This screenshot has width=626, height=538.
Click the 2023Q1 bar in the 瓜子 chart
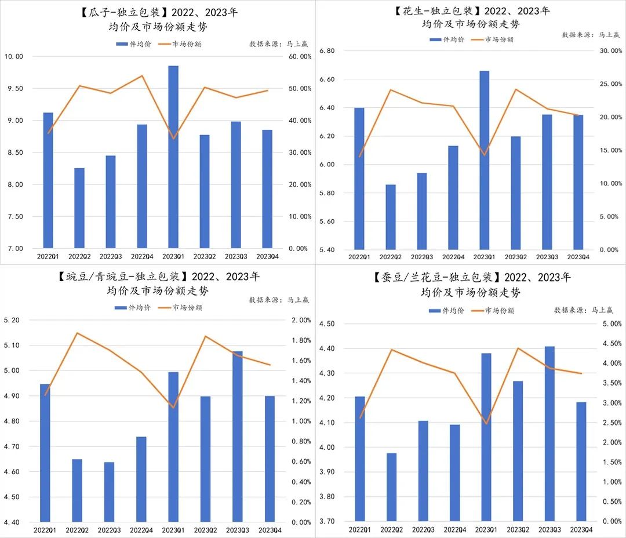point(173,157)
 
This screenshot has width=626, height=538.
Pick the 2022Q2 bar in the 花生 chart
point(390,217)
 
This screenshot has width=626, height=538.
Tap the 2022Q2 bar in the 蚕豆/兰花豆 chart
point(391,486)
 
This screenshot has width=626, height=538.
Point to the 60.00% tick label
point(300,56)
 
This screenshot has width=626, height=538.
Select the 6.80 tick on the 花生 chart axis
point(328,51)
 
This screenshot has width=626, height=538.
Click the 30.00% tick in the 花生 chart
point(610,51)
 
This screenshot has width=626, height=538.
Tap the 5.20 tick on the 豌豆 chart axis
point(12,320)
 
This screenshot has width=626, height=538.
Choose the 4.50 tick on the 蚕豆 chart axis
point(327,323)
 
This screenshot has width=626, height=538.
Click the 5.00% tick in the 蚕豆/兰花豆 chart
point(612,323)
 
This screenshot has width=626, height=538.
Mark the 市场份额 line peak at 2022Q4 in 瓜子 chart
point(142,76)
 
